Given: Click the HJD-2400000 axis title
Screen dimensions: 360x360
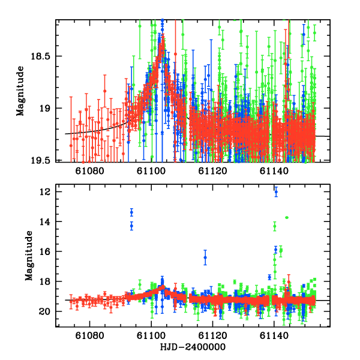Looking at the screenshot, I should (193, 347).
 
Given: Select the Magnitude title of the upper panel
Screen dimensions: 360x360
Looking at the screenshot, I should (20, 91).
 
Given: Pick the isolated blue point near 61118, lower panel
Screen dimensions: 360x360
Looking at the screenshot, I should (205, 257).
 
